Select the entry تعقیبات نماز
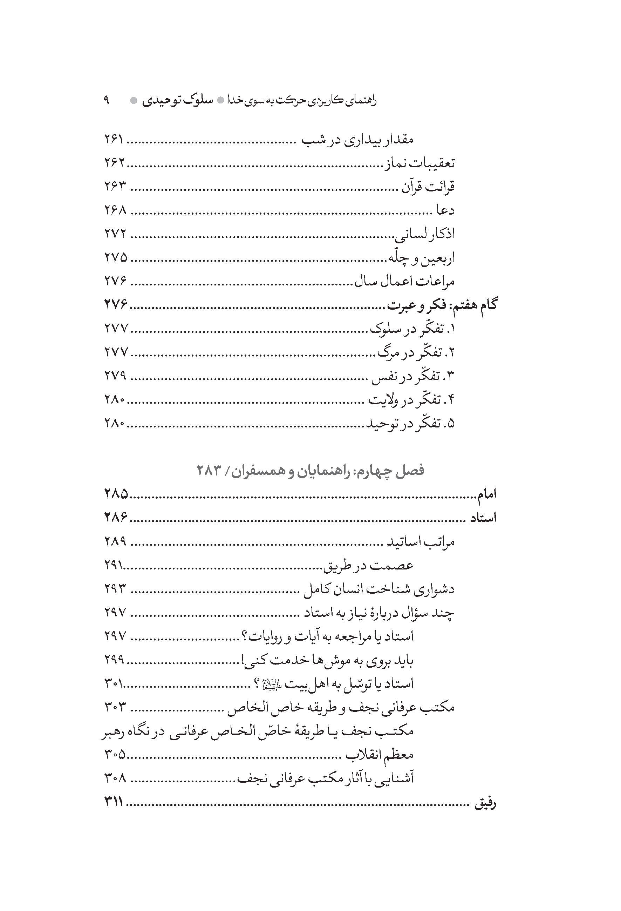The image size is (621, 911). point(418,163)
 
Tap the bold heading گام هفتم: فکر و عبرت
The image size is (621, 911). point(442,305)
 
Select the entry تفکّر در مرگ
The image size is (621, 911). point(416,353)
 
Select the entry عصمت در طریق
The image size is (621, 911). point(368,566)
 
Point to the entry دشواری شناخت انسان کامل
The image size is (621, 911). point(379,589)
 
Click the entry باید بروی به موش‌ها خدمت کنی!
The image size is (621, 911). point(328,661)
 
